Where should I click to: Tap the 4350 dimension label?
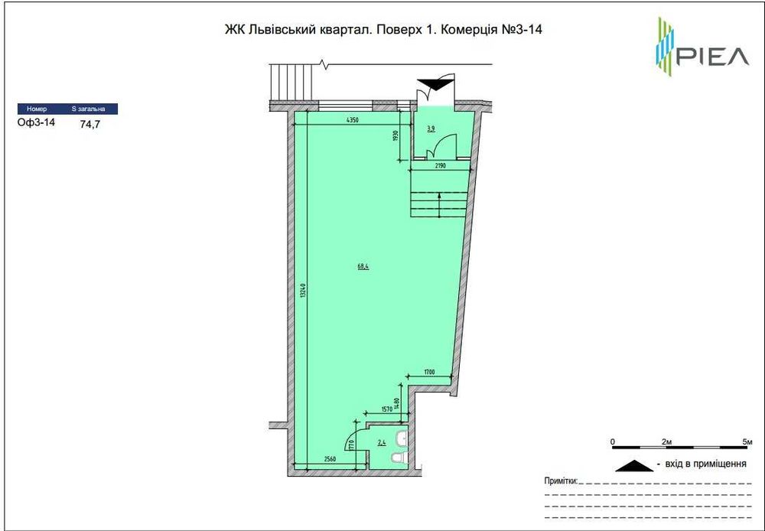click(352, 121)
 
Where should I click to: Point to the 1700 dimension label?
click(429, 373)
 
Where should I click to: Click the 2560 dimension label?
click(330, 459)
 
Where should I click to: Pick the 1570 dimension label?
click(386, 409)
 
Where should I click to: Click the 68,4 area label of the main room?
click(363, 266)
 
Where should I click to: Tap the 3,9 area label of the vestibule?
click(431, 129)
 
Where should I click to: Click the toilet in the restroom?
click(396, 458)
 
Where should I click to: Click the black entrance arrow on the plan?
click(434, 83)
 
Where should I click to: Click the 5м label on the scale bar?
click(747, 442)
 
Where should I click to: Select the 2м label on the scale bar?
click(667, 442)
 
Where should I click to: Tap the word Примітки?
click(560, 481)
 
